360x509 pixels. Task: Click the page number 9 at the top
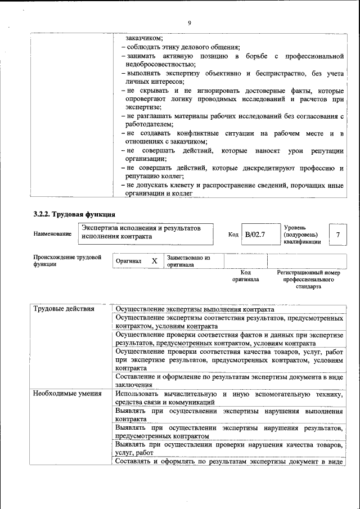tap(190, 23)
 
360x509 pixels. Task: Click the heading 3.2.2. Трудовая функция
tap(75, 214)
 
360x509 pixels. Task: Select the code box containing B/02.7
tap(254, 234)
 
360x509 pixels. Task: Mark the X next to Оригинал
tap(154, 262)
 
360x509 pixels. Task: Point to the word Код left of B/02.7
tap(233, 235)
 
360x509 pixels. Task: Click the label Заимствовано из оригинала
tap(188, 261)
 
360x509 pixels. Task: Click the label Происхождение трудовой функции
tap(67, 260)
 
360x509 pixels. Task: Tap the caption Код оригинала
tap(245, 276)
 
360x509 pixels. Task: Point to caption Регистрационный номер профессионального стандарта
tap(308, 279)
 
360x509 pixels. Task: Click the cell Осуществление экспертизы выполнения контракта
tap(195, 309)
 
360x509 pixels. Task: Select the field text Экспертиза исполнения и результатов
tap(141, 228)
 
